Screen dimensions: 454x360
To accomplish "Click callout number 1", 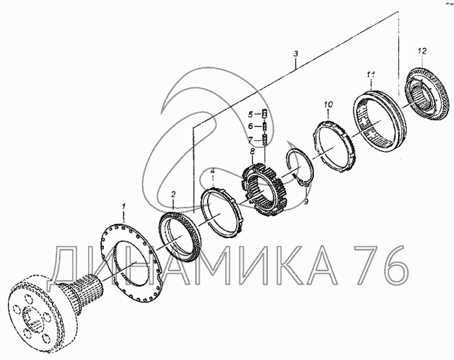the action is tap(123, 208).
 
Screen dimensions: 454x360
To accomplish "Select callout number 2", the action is tap(173, 194).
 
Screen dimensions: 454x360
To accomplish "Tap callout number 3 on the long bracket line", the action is tap(296, 54).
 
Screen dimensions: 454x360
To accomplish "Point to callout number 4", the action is tap(213, 171).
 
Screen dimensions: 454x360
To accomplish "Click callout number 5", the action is tap(250, 114).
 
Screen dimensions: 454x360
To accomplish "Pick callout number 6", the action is tap(250, 126).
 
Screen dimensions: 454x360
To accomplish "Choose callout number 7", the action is tap(250, 140).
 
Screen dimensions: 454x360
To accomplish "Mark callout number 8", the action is tap(252, 151).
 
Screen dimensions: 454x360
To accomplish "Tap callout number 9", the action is tap(306, 201).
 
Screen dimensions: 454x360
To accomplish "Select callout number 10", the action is tap(328, 104).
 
